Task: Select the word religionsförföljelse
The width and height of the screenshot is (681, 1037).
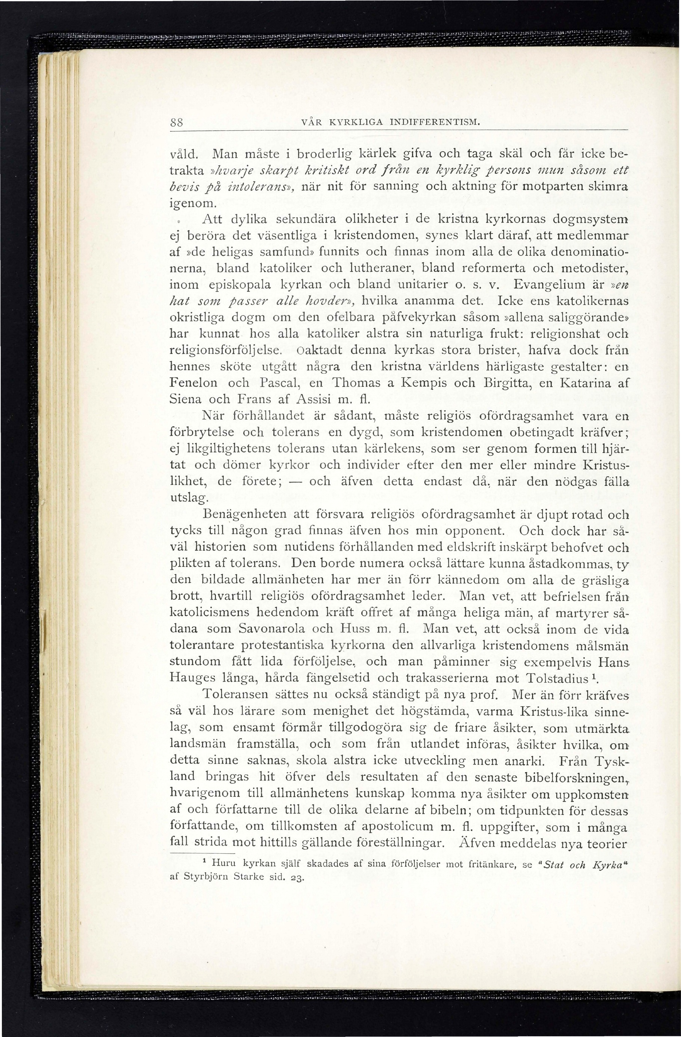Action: click(226, 350)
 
